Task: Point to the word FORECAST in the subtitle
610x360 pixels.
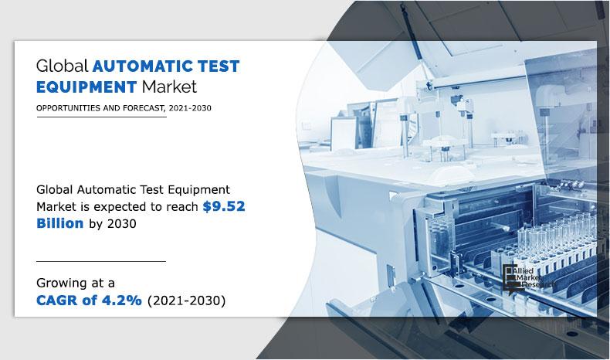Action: pos(139,108)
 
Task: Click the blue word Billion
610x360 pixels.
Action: pos(62,222)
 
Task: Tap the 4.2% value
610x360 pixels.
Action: pos(120,300)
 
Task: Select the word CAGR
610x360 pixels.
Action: pos(59,300)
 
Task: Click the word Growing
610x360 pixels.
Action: pos(60,283)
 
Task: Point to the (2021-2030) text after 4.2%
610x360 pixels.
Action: pos(185,300)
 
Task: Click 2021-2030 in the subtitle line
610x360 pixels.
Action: pos(188,108)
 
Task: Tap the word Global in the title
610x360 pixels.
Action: pos(62,65)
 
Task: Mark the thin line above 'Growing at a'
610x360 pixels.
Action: pos(100,261)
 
